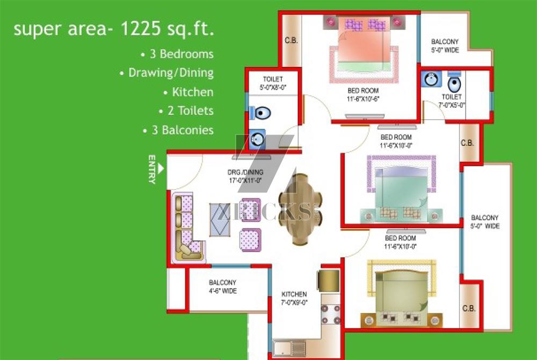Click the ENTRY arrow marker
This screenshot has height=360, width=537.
click(161, 168)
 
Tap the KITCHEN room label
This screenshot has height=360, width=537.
click(294, 295)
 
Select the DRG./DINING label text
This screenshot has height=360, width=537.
click(245, 172)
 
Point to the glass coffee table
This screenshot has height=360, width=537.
click(220, 220)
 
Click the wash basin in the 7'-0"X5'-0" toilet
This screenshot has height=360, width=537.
click(431, 79)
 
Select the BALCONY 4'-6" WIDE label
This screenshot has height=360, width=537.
click(223, 287)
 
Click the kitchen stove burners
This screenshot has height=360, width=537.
click(330, 314)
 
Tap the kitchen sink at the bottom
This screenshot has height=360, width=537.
click(289, 349)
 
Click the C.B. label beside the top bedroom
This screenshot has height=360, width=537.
click(291, 40)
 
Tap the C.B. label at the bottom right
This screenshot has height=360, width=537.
click(469, 308)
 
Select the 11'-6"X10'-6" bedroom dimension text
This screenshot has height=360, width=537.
click(363, 99)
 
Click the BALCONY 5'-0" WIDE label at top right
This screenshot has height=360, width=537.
click(445, 46)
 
